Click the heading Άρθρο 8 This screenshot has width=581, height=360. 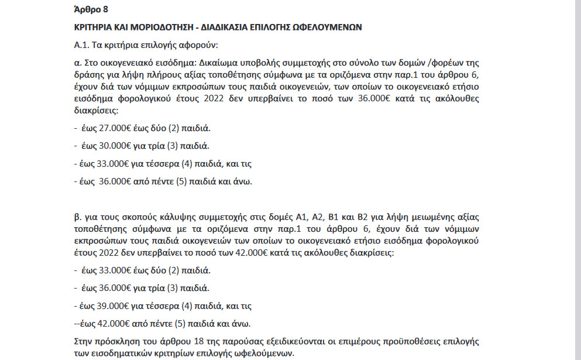point(92,10)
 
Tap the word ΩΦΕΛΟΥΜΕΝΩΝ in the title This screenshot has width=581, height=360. point(330,27)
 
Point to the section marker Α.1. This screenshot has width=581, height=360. point(81,44)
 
